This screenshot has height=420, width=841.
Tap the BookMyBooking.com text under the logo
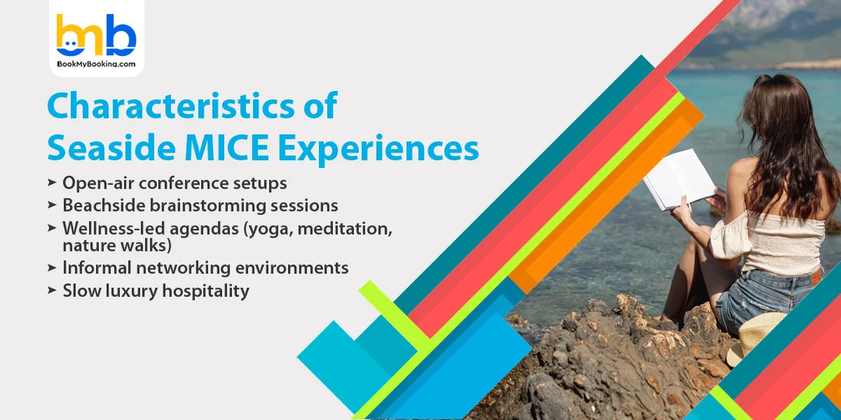click(96, 65)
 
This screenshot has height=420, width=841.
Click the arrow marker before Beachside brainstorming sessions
click(52, 205)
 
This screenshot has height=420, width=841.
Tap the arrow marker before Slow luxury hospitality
click(52, 290)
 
